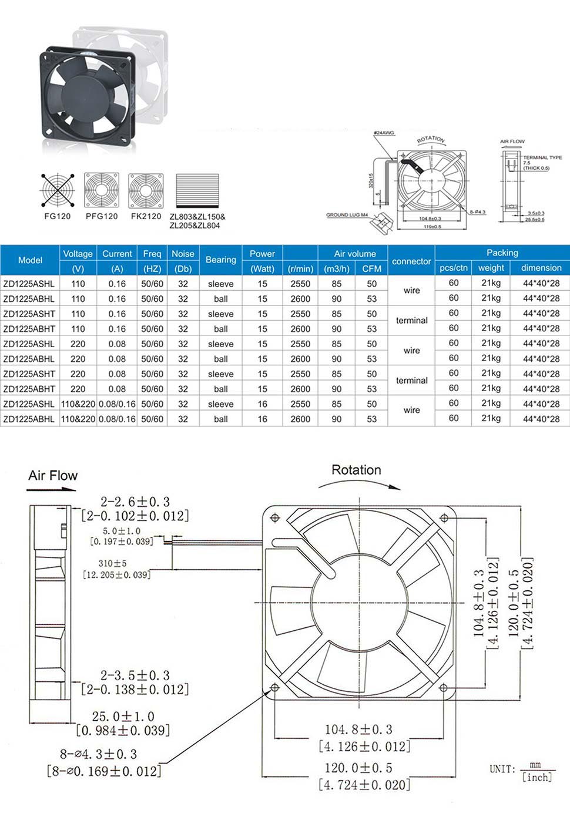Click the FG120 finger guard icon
coord(58,190)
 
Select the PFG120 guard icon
coord(102,190)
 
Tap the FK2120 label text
coord(146,216)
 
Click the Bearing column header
coord(221,260)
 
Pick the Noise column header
coord(183,254)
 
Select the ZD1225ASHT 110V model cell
coord(29,314)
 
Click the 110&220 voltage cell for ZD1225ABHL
coord(78,419)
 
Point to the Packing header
coord(502,253)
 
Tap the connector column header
coord(411,261)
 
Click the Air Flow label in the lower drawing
coord(53,475)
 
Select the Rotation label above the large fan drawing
coord(356,470)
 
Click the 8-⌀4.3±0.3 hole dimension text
coord(98,754)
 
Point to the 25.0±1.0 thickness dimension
coord(123,717)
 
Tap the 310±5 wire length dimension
coord(112,563)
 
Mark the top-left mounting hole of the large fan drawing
coord(275,517)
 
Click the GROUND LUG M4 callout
coord(347,215)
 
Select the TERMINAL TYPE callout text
coord(542,157)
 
